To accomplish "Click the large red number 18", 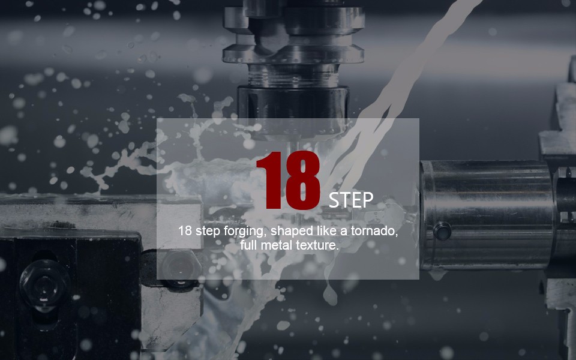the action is [289, 181].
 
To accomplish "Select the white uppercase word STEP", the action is [351, 200].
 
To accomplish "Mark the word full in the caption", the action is [248, 245].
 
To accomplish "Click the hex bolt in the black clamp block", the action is [44, 285].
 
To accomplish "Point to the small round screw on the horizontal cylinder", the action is [442, 232].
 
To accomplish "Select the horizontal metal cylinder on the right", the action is [487, 215].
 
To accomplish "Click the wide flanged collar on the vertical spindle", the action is [293, 53].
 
